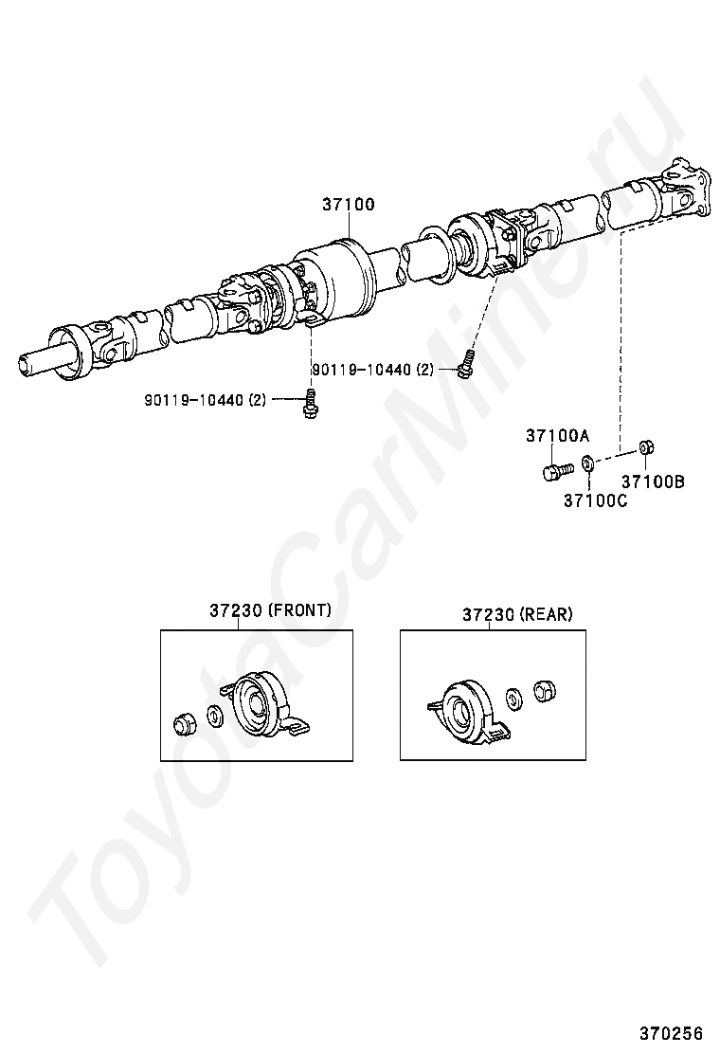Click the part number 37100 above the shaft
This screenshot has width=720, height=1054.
[348, 205]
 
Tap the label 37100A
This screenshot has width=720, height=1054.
[558, 436]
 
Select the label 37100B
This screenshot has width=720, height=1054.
[653, 482]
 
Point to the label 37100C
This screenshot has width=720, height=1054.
[595, 500]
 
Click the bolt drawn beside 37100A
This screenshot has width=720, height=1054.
[556, 469]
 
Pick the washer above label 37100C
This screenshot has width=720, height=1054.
[587, 463]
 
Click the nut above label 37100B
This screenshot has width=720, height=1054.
[644, 446]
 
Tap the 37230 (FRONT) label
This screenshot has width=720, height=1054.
[270, 611]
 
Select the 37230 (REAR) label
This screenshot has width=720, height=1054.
[517, 614]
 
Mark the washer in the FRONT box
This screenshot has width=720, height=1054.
[213, 716]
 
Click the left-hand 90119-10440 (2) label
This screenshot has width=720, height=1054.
[206, 401]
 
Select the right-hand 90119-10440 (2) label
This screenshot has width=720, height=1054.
[372, 370]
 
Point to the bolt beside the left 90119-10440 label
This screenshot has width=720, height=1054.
[309, 403]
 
